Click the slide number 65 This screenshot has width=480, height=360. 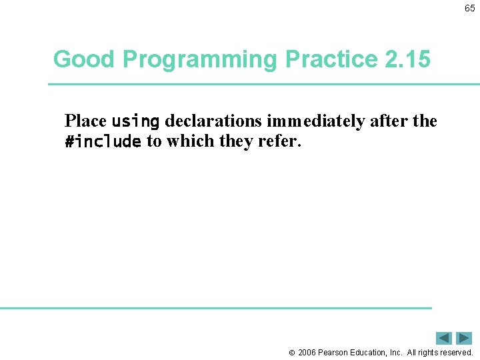pos(470,9)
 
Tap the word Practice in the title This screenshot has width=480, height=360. pos(331,59)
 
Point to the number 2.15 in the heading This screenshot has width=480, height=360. pos(408,59)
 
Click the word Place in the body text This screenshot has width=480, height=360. pos(85,121)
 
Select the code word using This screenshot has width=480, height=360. pos(135,121)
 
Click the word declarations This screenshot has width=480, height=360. pos(213,121)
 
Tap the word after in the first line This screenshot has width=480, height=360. pos(385,121)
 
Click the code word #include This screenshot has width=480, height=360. pos(103,141)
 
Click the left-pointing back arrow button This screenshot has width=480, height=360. pos(444,338)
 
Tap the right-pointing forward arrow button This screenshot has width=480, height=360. pos(464,338)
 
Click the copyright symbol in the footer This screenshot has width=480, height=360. pos(291,353)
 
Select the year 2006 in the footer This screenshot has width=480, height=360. pos(307,353)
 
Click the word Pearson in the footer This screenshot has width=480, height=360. pos(334,353)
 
